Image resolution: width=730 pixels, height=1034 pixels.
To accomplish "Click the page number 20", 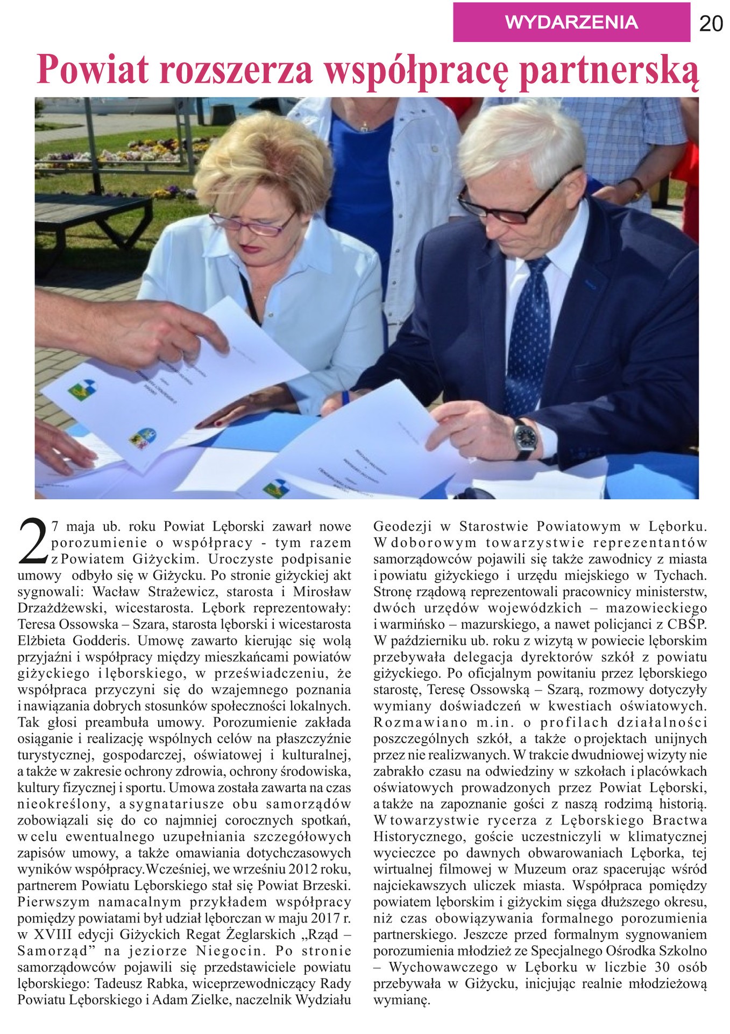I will click(x=711, y=24).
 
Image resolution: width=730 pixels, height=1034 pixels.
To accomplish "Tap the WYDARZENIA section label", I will click(x=571, y=22).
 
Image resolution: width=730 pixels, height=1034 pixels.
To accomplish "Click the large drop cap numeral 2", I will click(x=32, y=540).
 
